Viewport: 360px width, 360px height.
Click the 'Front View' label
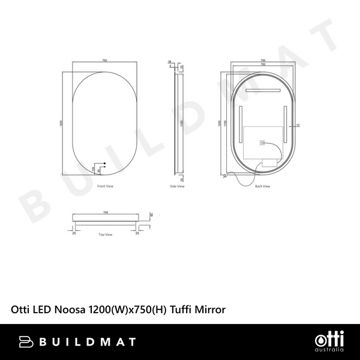(x=105, y=187)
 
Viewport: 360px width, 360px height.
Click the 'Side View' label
(x=177, y=187)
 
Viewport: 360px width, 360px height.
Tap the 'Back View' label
(x=262, y=187)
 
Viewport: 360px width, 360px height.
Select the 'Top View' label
(x=105, y=235)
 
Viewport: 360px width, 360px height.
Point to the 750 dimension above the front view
(x=104, y=61)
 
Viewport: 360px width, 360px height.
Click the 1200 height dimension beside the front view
(x=61, y=124)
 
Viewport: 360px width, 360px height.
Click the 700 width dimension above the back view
(x=262, y=64)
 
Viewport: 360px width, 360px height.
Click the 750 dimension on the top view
(x=106, y=212)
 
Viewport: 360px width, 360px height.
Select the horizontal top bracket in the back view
(x=262, y=89)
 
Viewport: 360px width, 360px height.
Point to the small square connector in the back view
(x=262, y=143)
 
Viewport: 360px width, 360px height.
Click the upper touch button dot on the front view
(x=104, y=164)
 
